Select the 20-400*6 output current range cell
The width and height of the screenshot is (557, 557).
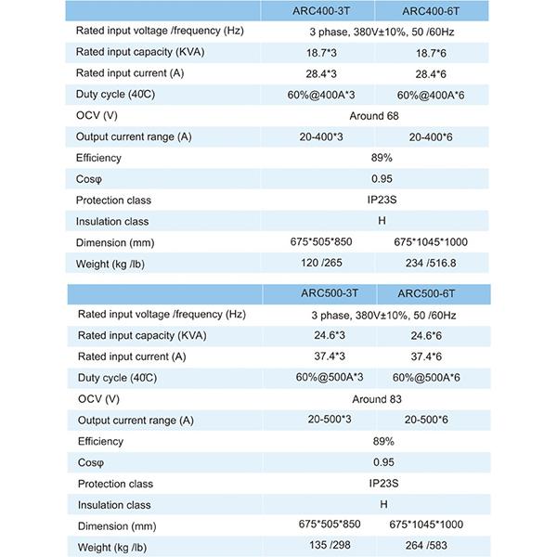click(x=429, y=137)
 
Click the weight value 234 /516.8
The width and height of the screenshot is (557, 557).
click(x=430, y=264)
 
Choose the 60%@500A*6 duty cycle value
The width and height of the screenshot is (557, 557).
click(x=428, y=379)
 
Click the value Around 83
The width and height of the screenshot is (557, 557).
click(x=376, y=399)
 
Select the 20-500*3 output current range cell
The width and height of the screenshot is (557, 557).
click(x=330, y=421)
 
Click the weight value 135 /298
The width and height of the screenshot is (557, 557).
click(x=330, y=547)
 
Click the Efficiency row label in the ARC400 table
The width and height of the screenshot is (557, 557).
click(x=98, y=158)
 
